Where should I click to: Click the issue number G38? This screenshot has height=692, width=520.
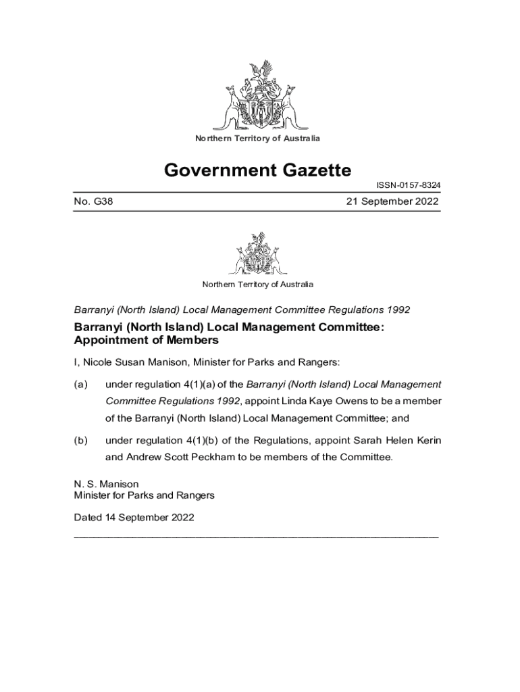(93, 201)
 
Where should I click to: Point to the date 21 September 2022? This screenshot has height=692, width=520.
(392, 201)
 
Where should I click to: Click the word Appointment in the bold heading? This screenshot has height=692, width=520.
(107, 340)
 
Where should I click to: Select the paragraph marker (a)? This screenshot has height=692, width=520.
(80, 385)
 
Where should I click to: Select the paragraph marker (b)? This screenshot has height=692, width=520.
(80, 441)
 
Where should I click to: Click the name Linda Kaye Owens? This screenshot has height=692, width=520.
(342, 401)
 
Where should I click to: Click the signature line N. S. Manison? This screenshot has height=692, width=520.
(106, 484)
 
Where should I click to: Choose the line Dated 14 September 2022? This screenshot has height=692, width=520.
(134, 518)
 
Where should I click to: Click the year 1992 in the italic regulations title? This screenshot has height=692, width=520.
(398, 310)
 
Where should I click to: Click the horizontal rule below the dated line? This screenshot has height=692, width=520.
(256, 536)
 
